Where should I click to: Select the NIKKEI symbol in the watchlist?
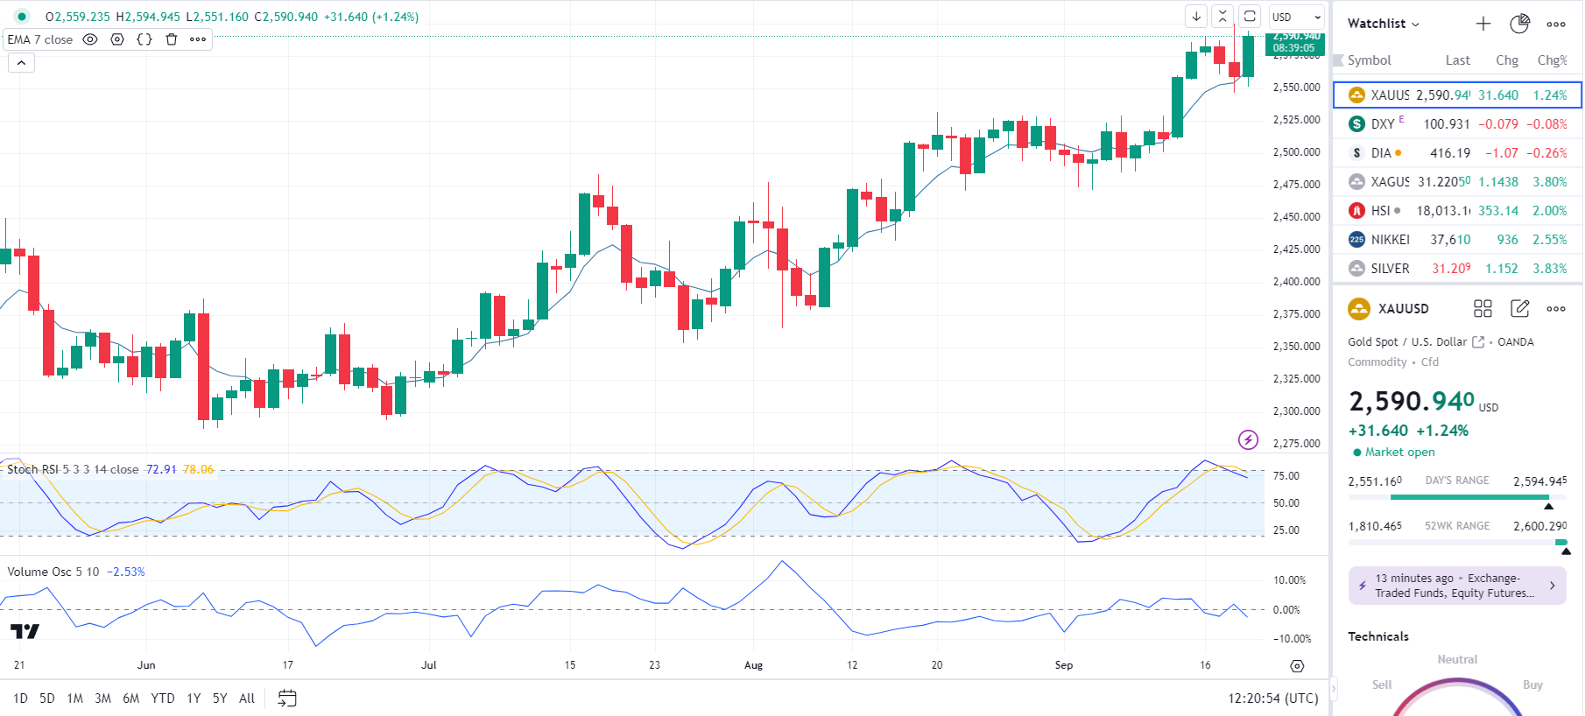point(1390,240)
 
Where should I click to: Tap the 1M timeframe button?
point(75,698)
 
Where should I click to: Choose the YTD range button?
point(162,698)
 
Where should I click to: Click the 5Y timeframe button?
point(219,698)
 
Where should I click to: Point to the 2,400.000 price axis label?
point(1296,282)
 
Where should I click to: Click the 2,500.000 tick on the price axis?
point(1296,152)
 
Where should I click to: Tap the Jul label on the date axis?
point(428,665)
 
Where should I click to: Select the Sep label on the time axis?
point(1063,665)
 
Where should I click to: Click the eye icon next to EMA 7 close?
point(90,39)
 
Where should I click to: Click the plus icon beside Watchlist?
point(1483,24)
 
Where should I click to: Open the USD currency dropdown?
point(1296,17)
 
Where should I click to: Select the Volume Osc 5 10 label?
point(53,572)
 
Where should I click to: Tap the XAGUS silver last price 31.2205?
point(1444,182)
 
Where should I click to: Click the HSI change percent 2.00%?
point(1549,211)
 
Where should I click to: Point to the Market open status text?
point(1399,453)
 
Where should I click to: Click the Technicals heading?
point(1377,636)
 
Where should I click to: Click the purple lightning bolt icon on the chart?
point(1248,439)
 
